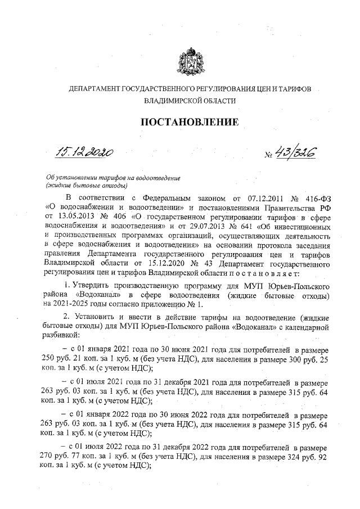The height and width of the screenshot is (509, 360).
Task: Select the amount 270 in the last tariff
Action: tap(53, 457)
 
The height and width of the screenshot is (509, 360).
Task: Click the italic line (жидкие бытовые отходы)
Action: tap(87, 185)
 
